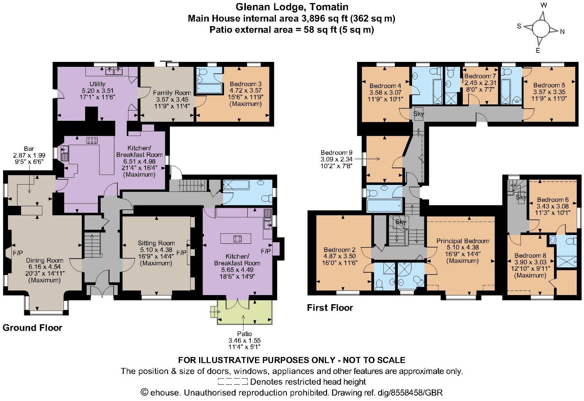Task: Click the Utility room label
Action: pyautogui.click(x=98, y=84)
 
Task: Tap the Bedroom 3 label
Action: pyautogui.click(x=245, y=84)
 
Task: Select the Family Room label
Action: pyautogui.click(x=172, y=93)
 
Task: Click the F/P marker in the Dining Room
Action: pyautogui.click(x=18, y=253)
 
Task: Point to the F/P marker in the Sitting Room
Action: pyautogui.click(x=181, y=253)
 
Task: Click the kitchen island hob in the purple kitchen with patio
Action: pyautogui.click(x=237, y=239)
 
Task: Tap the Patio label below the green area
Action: pyautogui.click(x=244, y=334)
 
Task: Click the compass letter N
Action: pyautogui.click(x=562, y=32)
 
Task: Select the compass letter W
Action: pyautogui.click(x=544, y=5)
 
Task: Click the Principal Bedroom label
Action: pyautogui.click(x=462, y=241)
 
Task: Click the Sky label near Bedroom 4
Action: pyautogui.click(x=419, y=114)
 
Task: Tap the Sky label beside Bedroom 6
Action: pyautogui.click(x=521, y=197)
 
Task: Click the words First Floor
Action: pyautogui.click(x=330, y=308)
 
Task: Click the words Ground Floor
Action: pyautogui.click(x=32, y=328)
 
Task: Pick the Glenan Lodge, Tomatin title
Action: pyautogui.click(x=292, y=7)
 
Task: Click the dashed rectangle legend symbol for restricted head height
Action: pyautogui.click(x=233, y=382)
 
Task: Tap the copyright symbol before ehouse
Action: pyautogui.click(x=144, y=392)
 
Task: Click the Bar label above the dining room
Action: pyautogui.click(x=29, y=148)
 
